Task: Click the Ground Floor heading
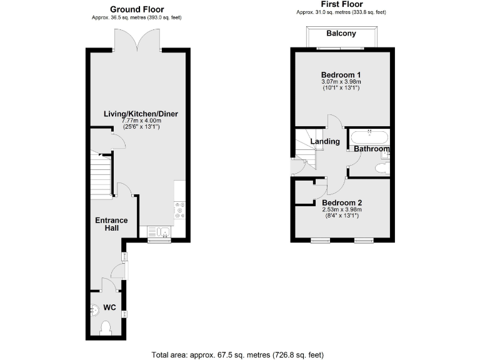tap(137, 9)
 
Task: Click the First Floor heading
tap(341, 4)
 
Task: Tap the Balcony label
tap(341, 34)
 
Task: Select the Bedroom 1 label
tap(341, 74)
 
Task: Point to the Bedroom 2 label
tap(342, 203)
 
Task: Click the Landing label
tap(326, 141)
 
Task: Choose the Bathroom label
tap(372, 149)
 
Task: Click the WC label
tap(109, 307)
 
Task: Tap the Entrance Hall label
tap(111, 224)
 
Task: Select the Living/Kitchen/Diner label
tap(141, 114)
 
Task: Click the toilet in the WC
tap(106, 327)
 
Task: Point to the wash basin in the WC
tap(94, 308)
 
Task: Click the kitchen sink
tap(160, 232)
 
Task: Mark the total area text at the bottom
tap(237, 354)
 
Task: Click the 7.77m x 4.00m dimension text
tap(141, 121)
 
